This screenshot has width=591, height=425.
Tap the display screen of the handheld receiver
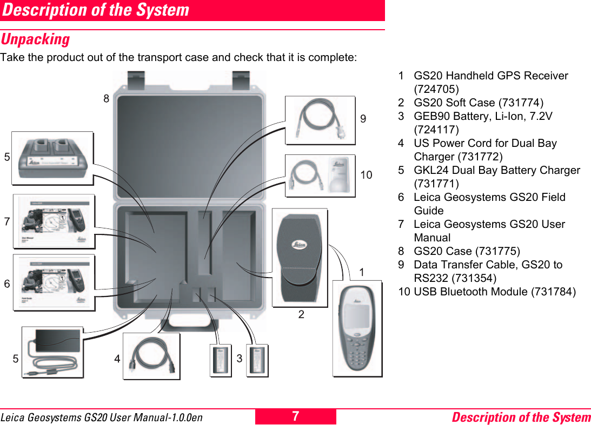pos(356,319)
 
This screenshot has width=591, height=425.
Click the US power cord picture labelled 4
pos(151,356)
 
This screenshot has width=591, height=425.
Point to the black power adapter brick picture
pos(52,352)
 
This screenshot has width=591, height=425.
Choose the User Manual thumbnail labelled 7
pos(54,221)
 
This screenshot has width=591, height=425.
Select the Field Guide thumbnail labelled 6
pos(54,282)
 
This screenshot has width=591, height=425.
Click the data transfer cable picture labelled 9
pos(320,120)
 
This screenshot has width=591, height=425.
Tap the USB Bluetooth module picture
pos(321,175)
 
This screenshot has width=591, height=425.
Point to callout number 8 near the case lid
pos(107,99)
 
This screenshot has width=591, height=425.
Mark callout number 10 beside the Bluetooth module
pos(366,175)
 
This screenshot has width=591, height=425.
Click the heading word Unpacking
pos(35,39)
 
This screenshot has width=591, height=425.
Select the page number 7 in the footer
pos(295,416)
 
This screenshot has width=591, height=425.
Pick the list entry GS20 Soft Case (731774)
pos(479,103)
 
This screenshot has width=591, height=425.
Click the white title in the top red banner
pos(95,10)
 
